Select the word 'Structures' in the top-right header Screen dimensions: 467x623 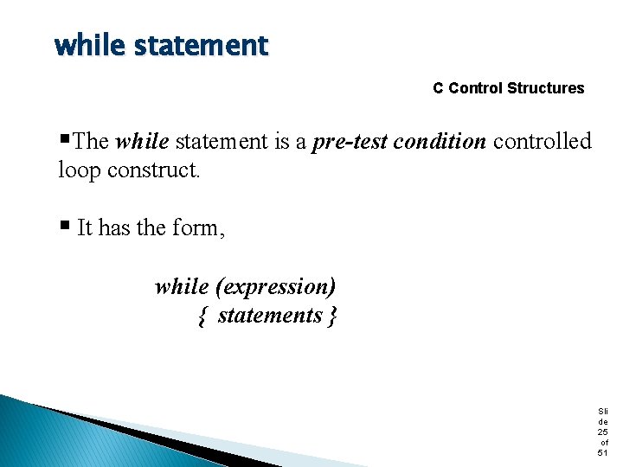tap(546, 88)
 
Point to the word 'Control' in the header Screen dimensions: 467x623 tap(476, 88)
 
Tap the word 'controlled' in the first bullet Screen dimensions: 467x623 tap(543, 142)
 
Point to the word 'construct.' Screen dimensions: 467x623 tap(154, 170)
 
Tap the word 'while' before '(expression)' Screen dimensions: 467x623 tap(182, 286)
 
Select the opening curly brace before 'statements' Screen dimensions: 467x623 tap(202, 317)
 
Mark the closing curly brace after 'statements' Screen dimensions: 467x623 tap(333, 317)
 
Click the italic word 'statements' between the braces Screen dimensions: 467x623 tap(270, 316)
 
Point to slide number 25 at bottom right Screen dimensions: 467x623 tap(603, 432)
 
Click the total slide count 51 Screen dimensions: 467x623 tap(603, 452)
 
